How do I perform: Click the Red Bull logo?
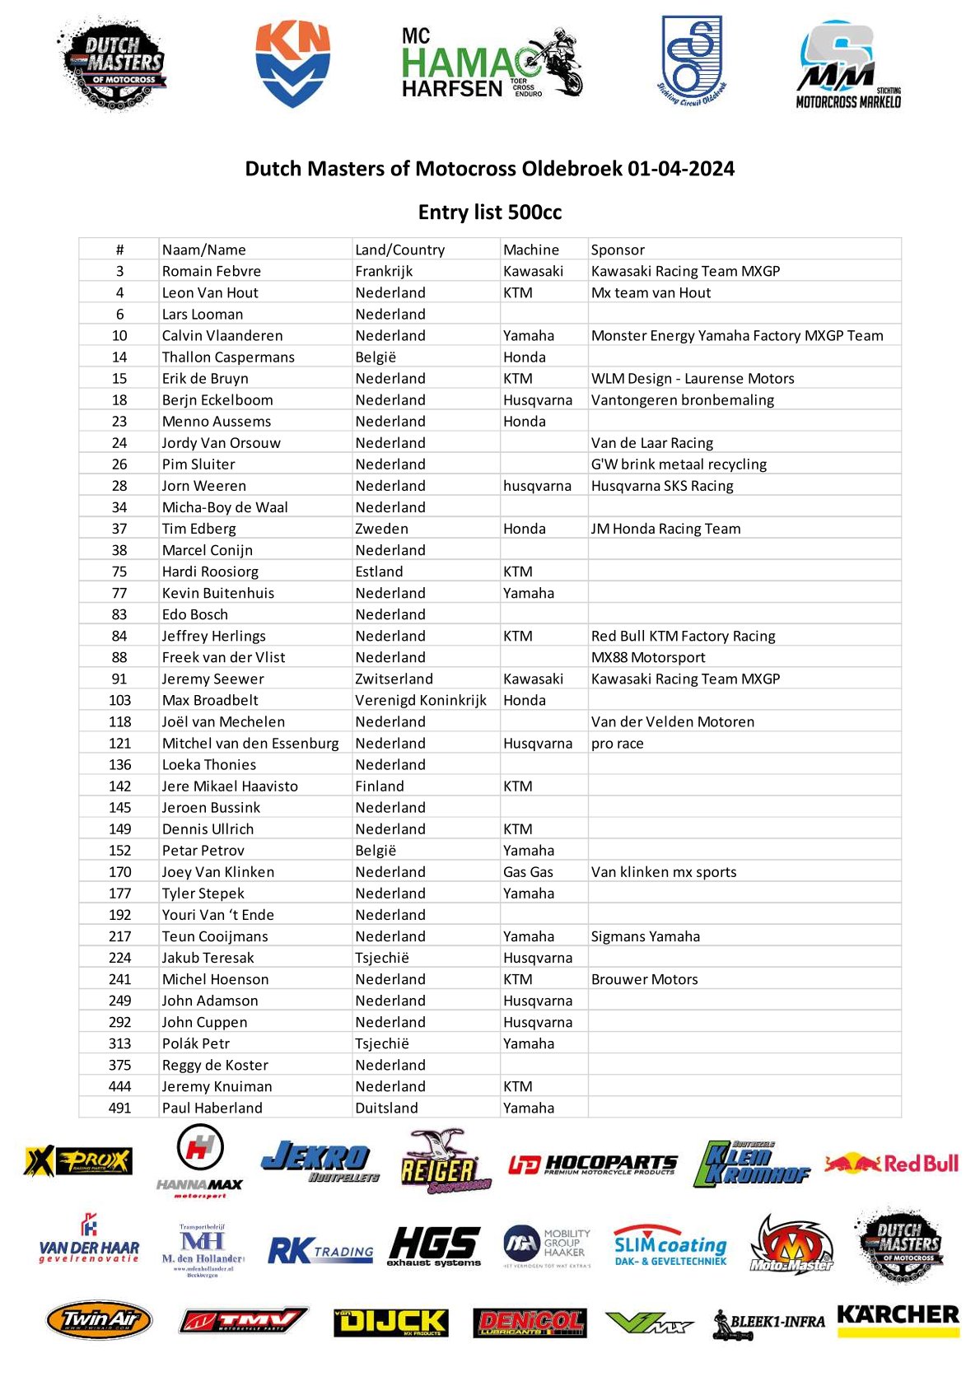(892, 1164)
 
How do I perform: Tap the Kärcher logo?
(898, 1316)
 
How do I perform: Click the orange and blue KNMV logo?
(292, 64)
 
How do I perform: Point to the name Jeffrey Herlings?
(213, 636)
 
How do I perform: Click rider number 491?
(119, 1108)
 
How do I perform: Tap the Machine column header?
(530, 250)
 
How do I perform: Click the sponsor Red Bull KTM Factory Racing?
(683, 636)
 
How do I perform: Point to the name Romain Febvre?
(211, 271)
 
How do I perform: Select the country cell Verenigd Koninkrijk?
(420, 700)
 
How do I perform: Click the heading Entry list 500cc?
(489, 212)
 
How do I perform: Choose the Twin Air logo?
(99, 1320)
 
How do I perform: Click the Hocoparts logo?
(593, 1164)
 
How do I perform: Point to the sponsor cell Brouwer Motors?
(644, 979)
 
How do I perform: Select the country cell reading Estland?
(379, 572)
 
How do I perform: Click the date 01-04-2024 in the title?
(680, 169)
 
